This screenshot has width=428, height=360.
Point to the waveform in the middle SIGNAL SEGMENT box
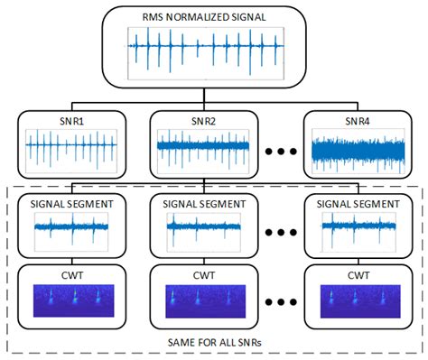(x=207, y=230)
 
